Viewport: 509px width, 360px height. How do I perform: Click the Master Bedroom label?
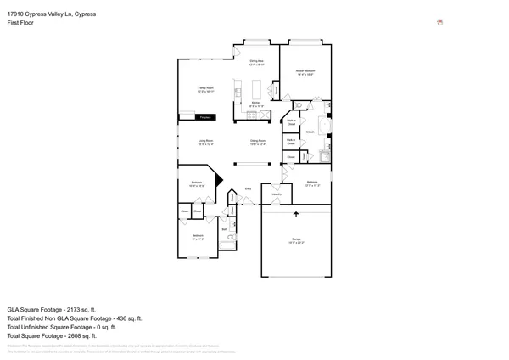click(305, 72)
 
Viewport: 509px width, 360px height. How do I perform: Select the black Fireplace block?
click(197, 117)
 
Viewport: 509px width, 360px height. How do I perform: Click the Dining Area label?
click(256, 62)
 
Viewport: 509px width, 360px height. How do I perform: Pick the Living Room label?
click(205, 142)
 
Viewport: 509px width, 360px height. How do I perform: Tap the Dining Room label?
click(258, 142)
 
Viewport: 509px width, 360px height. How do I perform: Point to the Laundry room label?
click(276, 195)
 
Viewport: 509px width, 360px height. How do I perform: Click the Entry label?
click(249, 188)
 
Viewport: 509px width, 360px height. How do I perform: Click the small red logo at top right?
click(439, 22)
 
